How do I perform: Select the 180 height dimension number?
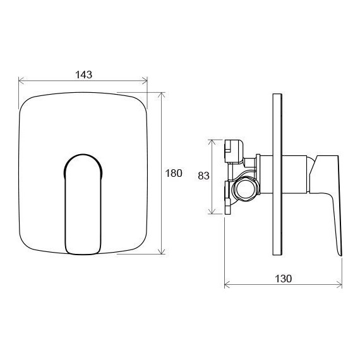coord(175,173)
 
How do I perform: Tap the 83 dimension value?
coord(203,176)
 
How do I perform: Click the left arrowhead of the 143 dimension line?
coord(21,81)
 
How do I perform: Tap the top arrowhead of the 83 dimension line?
coord(211,141)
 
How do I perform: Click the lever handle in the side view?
coord(328,189)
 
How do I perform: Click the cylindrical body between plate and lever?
coord(294,174)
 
